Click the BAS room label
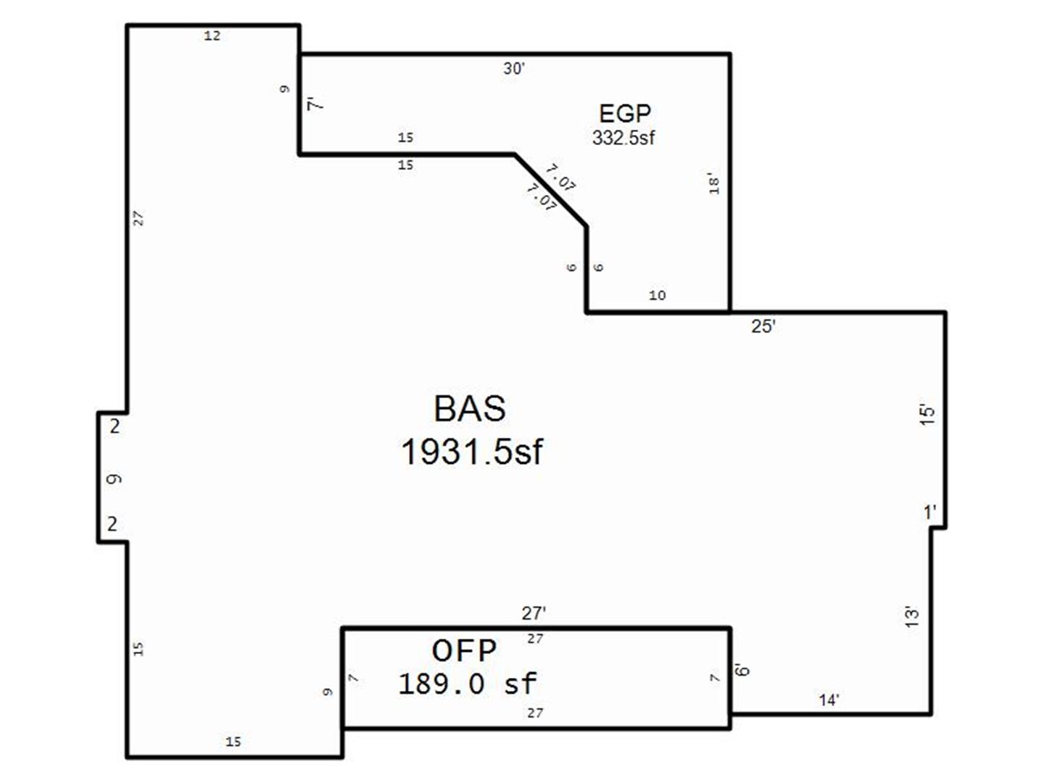470,409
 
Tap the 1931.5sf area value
472,452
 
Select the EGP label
624,114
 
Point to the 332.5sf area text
623,138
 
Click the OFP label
464,651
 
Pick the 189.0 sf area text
468,684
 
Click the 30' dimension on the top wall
514,69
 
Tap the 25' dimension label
763,326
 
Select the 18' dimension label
714,183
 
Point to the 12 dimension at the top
212,36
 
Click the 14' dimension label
829,700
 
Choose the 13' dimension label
912,616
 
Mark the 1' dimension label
930,513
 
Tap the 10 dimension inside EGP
658,296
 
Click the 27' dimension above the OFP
534,614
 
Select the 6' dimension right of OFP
742,670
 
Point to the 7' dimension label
315,104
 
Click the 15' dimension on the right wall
927,415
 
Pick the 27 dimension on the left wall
138,219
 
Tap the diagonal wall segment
550,190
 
